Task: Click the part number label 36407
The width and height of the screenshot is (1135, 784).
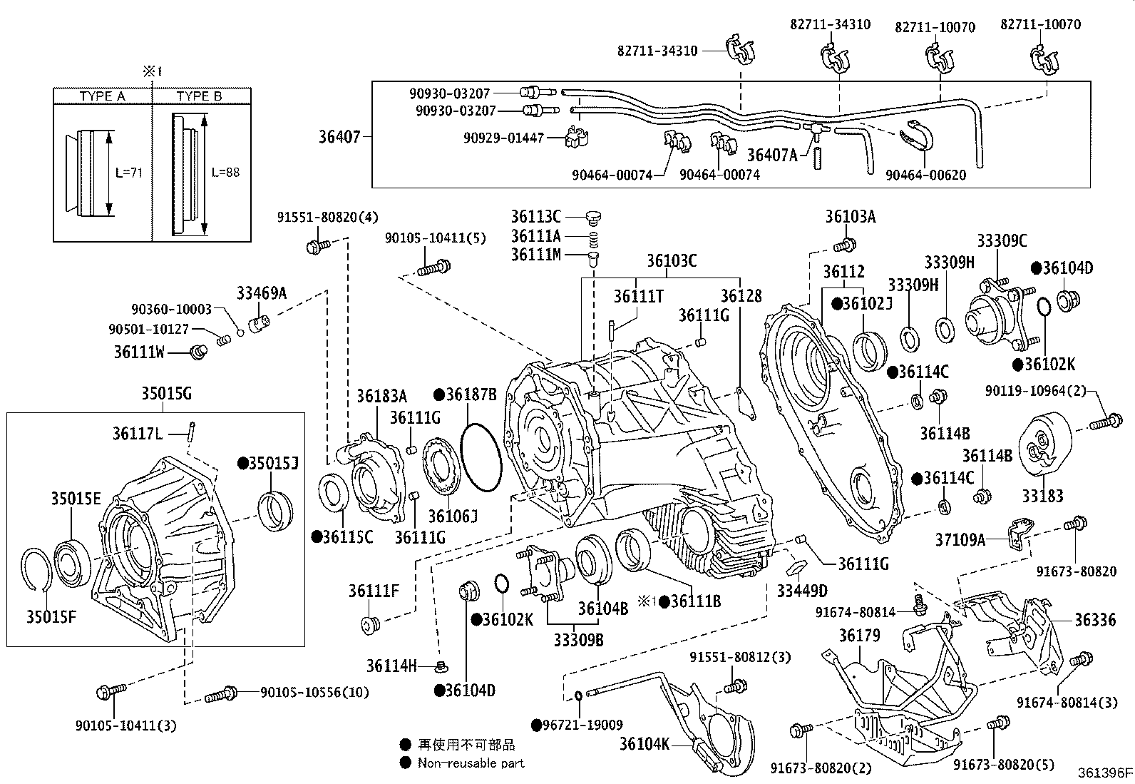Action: point(339,136)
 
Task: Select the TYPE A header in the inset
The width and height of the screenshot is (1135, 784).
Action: point(102,96)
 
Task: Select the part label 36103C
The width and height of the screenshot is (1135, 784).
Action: point(672,260)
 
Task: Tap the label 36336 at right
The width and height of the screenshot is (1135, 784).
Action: point(1095,619)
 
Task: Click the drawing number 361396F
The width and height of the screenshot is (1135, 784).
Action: point(1104,772)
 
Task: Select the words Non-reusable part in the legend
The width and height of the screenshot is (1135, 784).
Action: point(471,763)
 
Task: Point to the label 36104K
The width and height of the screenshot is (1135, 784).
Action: point(644,744)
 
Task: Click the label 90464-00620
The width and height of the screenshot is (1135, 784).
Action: point(925,175)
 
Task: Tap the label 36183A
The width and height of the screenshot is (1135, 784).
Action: point(381,396)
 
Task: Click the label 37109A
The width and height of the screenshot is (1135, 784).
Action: point(960,539)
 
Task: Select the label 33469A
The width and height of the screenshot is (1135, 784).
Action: point(262,292)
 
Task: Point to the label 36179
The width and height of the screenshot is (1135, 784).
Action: point(859,635)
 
